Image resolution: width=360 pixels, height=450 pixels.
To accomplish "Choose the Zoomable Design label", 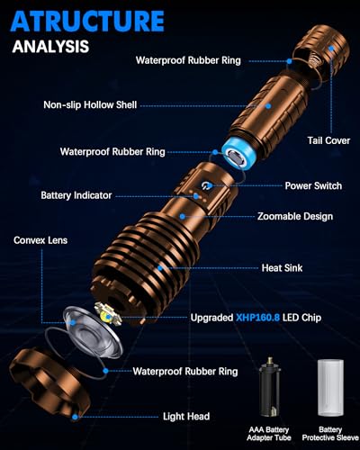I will coord(294,217).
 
